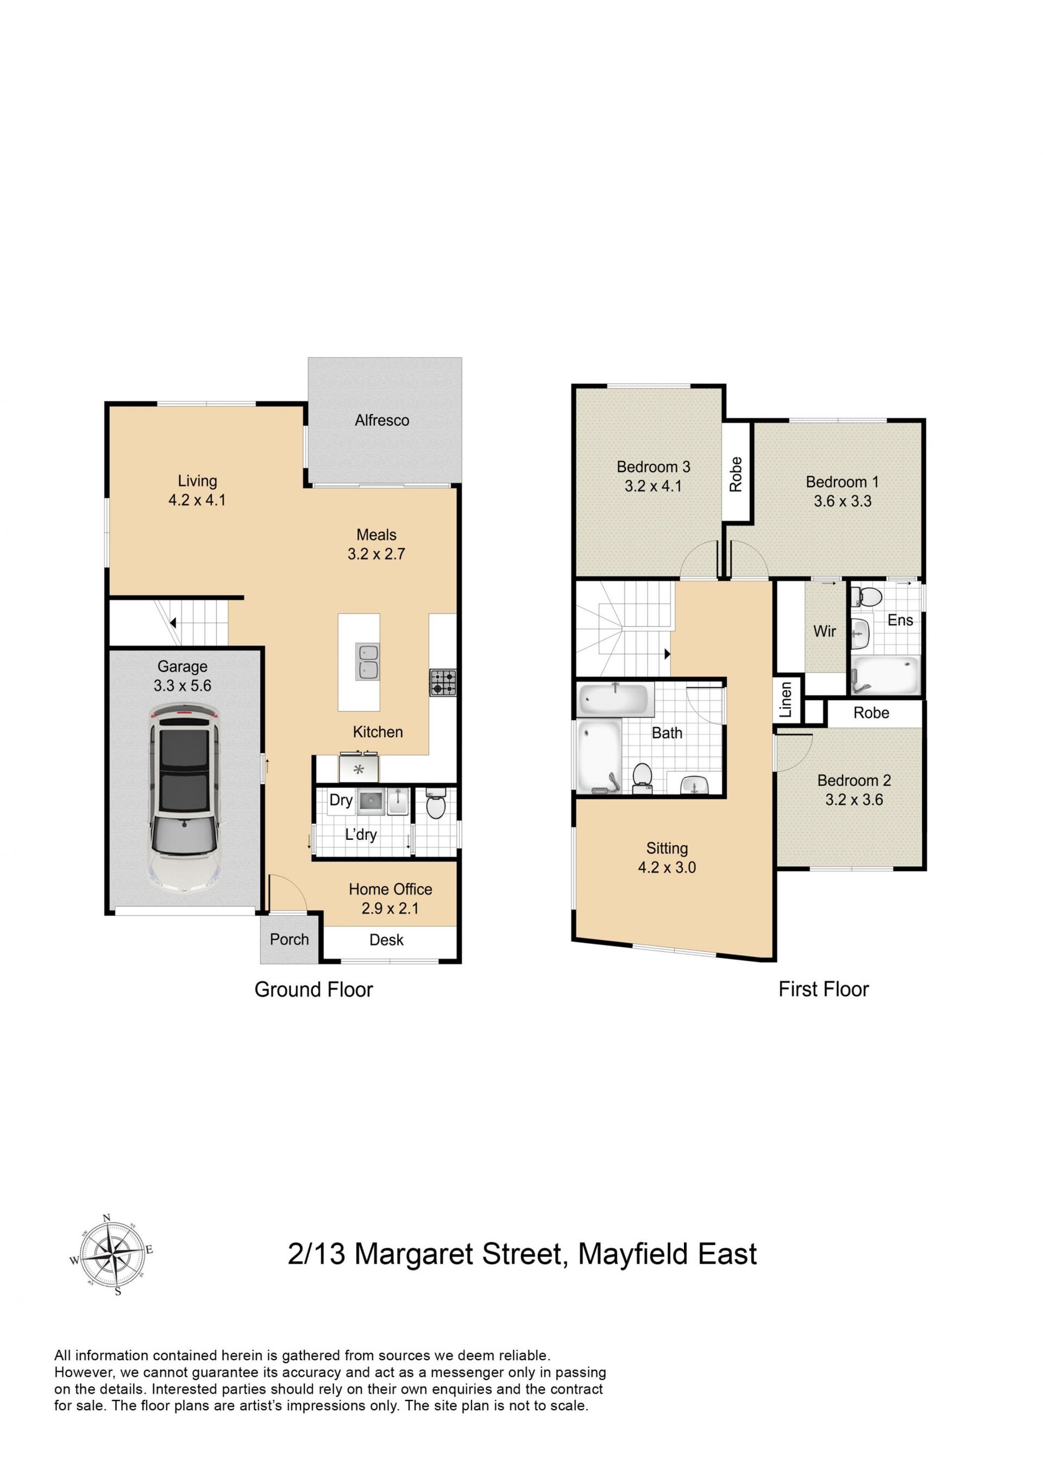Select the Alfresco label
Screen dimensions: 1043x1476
[382, 420]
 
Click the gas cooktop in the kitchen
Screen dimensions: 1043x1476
[443, 683]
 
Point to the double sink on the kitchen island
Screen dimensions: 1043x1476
[367, 662]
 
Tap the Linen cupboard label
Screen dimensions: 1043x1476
[786, 700]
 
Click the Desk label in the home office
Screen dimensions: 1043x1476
[386, 940]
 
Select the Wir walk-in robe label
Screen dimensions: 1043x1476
[825, 631]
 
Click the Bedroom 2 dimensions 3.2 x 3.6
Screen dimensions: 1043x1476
[854, 800]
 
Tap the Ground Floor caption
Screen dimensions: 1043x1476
[314, 989]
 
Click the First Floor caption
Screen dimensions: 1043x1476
[823, 989]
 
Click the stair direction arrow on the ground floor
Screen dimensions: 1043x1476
[172, 622]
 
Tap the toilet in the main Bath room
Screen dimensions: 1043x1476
[641, 778]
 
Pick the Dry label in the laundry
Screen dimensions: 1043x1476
[341, 800]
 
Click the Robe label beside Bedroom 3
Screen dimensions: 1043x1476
[736, 474]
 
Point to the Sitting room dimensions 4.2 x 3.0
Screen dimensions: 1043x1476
[667, 867]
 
